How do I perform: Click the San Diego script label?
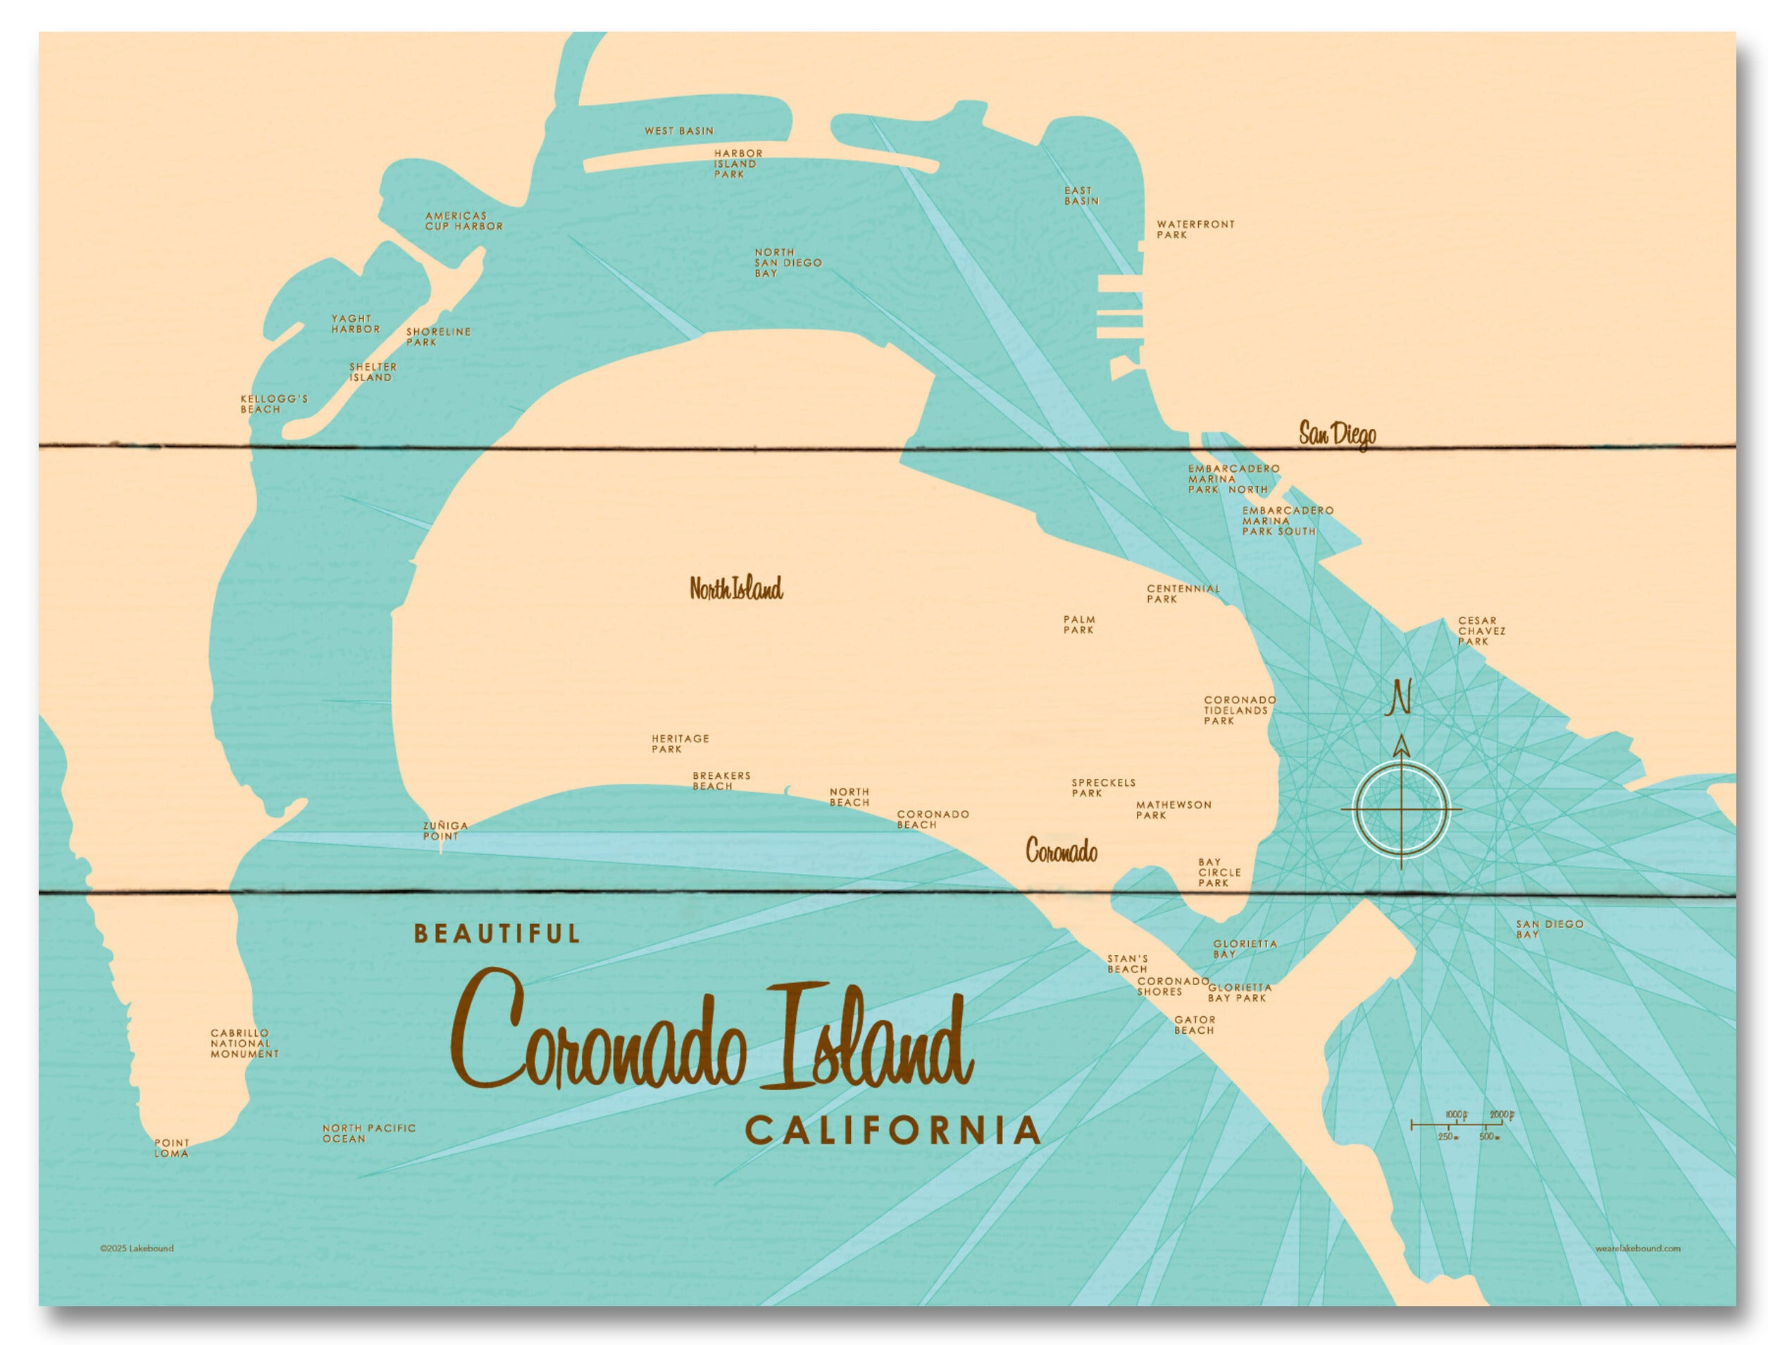tap(1336, 434)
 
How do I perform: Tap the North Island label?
tap(736, 589)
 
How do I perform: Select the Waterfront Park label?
tap(1195, 230)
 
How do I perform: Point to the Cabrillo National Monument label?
tap(244, 1044)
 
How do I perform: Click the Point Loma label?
tap(172, 1148)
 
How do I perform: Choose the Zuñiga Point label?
tap(445, 831)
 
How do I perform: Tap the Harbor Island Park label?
tap(737, 163)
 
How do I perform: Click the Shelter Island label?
tap(373, 373)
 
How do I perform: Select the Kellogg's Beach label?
tap(274, 404)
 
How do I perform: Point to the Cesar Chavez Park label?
tap(1481, 631)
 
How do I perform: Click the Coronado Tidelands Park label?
tap(1239, 710)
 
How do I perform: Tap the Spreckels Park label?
tap(1102, 788)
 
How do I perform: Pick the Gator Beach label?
tap(1194, 1025)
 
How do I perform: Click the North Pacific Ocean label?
tap(368, 1133)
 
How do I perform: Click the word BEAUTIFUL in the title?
tap(497, 934)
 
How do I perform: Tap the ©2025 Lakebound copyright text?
tap(136, 1248)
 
